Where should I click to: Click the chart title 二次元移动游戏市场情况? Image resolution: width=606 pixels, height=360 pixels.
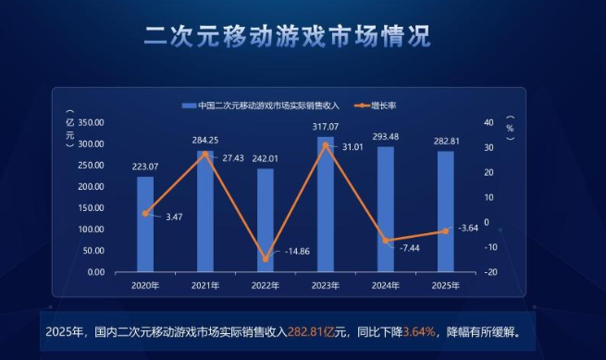288,38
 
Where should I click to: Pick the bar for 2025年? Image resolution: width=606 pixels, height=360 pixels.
445,212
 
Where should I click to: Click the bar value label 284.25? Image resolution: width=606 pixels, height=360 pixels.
205,140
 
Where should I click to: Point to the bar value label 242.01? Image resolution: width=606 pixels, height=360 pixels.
265,158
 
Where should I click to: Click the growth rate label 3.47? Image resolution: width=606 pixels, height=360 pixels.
174,217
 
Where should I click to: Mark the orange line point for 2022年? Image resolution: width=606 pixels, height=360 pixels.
266,259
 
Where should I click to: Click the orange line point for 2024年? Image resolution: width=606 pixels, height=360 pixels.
385,241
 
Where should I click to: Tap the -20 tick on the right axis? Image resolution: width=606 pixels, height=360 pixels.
490,272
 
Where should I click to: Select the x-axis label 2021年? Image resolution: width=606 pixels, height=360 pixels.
205,285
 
